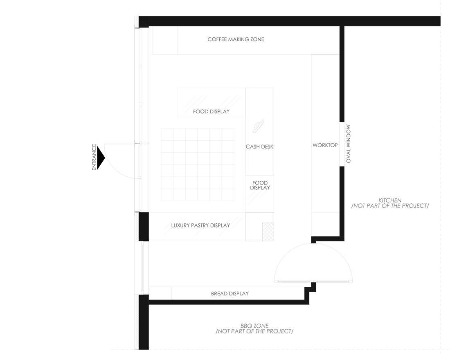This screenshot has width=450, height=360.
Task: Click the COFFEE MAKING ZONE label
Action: [236, 39]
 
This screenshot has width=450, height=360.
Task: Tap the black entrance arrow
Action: [101, 158]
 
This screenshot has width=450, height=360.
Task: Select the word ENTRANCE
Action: [94, 157]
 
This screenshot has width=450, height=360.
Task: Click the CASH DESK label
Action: [259, 147]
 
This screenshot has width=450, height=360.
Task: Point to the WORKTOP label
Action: [325, 145]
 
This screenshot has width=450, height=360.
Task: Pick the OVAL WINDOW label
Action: [349, 144]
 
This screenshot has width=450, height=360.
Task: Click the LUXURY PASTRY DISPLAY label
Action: [200, 225]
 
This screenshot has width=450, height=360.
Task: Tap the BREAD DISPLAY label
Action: [229, 293]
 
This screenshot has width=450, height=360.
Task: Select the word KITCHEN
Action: [390, 200]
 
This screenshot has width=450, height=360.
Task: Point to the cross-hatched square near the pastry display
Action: [268, 232]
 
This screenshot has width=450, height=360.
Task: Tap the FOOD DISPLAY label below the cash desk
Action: [260, 185]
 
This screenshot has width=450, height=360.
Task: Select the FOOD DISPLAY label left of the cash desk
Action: [211, 111]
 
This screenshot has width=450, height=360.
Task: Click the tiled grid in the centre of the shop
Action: [198, 165]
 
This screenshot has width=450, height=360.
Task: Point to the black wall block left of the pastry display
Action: [144, 227]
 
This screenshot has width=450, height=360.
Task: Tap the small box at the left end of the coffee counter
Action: [165, 40]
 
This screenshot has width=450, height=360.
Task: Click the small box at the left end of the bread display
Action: [160, 293]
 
